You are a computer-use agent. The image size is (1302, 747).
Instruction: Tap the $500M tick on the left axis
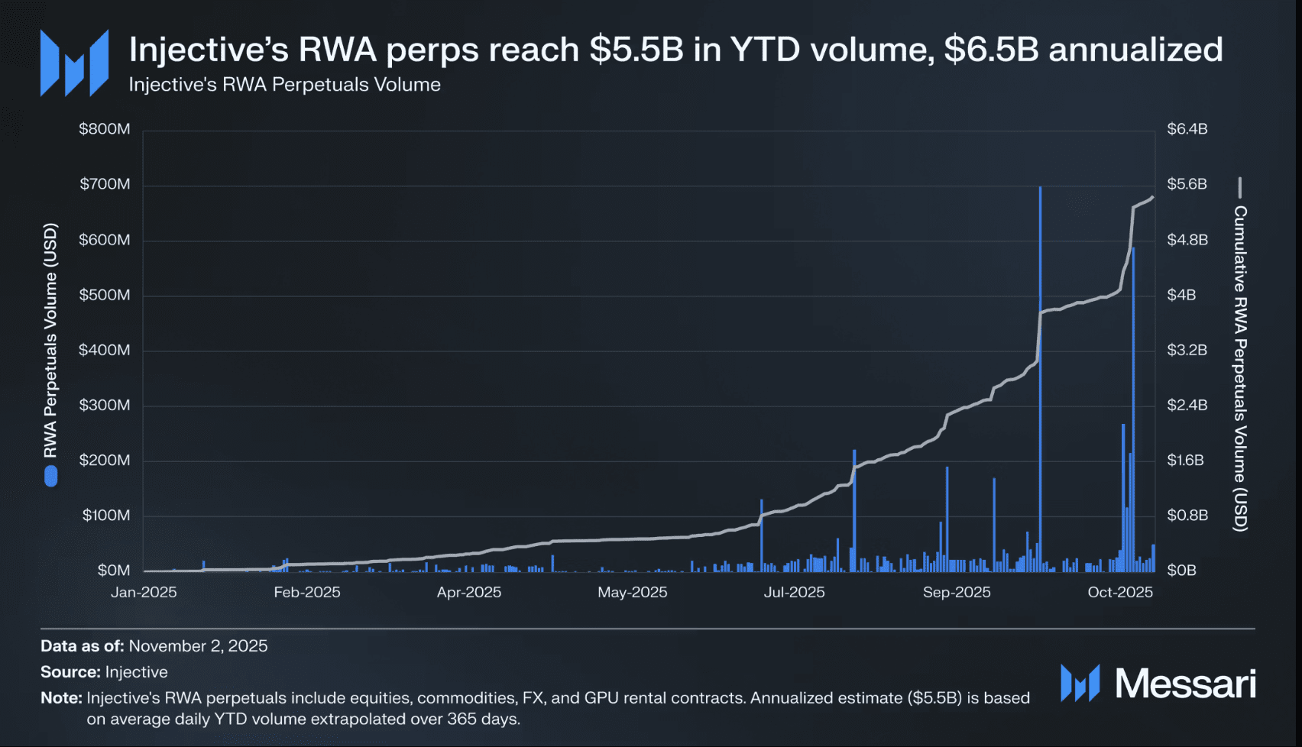coord(105,295)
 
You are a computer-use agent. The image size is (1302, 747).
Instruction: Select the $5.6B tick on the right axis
coord(1187,184)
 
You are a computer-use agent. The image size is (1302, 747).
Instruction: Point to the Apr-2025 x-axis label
coord(469,592)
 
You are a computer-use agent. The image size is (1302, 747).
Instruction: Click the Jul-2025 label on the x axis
coord(794,592)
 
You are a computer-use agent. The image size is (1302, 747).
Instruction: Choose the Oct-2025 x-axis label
coord(1119,592)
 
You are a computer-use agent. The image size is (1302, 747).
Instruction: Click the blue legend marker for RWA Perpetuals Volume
coord(51,477)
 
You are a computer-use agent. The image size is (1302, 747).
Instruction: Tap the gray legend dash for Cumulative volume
coord(1239,187)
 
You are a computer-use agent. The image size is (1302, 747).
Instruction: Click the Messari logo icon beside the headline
coord(74,63)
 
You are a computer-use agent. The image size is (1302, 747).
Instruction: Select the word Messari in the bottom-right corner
coord(1184,684)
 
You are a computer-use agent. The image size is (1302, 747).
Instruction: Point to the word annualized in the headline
coord(1135,50)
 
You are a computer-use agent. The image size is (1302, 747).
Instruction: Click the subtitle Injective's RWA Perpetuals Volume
coord(284,85)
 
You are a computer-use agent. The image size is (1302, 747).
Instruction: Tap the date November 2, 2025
coord(198,646)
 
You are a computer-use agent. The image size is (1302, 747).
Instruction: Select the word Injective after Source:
coord(136,672)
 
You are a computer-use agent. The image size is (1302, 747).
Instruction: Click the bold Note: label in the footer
coord(61,698)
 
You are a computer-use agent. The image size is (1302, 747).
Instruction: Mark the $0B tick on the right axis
coord(1181,571)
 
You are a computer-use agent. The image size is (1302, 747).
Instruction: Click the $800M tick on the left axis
coord(105,129)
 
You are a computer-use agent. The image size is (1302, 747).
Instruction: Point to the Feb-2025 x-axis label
coord(307,592)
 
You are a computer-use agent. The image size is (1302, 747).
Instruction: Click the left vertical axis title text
coord(50,340)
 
